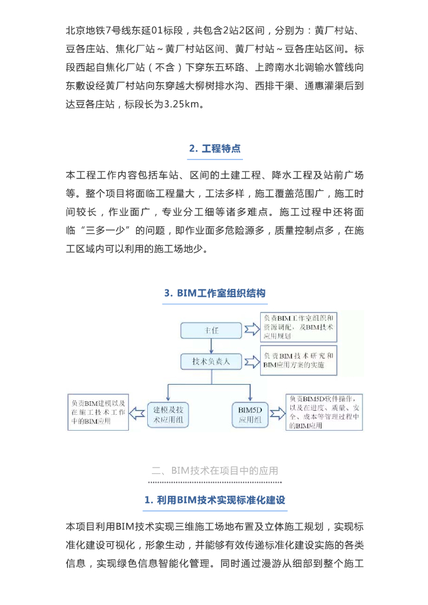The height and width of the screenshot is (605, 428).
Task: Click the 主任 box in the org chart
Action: (x=211, y=330)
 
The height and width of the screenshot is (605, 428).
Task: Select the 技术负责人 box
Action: (x=211, y=360)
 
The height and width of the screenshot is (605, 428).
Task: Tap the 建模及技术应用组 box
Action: (x=168, y=413)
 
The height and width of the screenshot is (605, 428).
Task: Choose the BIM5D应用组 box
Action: (x=254, y=413)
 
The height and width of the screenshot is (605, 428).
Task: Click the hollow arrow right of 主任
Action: (x=252, y=330)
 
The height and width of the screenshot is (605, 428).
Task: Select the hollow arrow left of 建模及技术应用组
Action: (x=137, y=412)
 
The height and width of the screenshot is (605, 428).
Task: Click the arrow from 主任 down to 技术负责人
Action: (x=211, y=346)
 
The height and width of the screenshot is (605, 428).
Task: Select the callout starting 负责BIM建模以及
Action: (x=97, y=412)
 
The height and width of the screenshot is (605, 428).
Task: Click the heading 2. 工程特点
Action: (x=215, y=148)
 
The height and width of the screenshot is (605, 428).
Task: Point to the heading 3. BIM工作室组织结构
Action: (x=215, y=293)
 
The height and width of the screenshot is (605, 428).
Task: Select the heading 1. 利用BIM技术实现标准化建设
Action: (x=215, y=500)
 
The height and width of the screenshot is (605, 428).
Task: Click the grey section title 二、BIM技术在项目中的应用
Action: (x=215, y=471)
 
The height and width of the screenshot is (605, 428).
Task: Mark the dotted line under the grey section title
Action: (x=215, y=483)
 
